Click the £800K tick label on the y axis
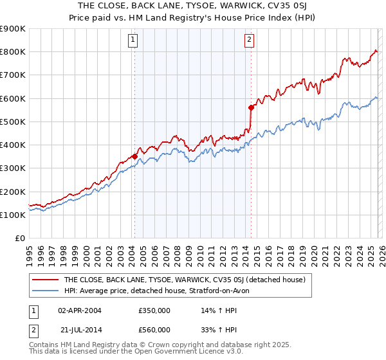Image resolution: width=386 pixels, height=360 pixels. click(x=13, y=52)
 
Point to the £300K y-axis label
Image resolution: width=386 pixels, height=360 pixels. click(x=13, y=168)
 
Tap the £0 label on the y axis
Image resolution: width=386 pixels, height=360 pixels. click(x=19, y=239)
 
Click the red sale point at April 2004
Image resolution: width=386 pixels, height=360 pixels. click(x=134, y=156)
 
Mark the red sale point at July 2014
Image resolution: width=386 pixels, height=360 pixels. click(x=251, y=107)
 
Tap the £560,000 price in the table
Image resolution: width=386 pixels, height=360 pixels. click(x=154, y=330)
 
